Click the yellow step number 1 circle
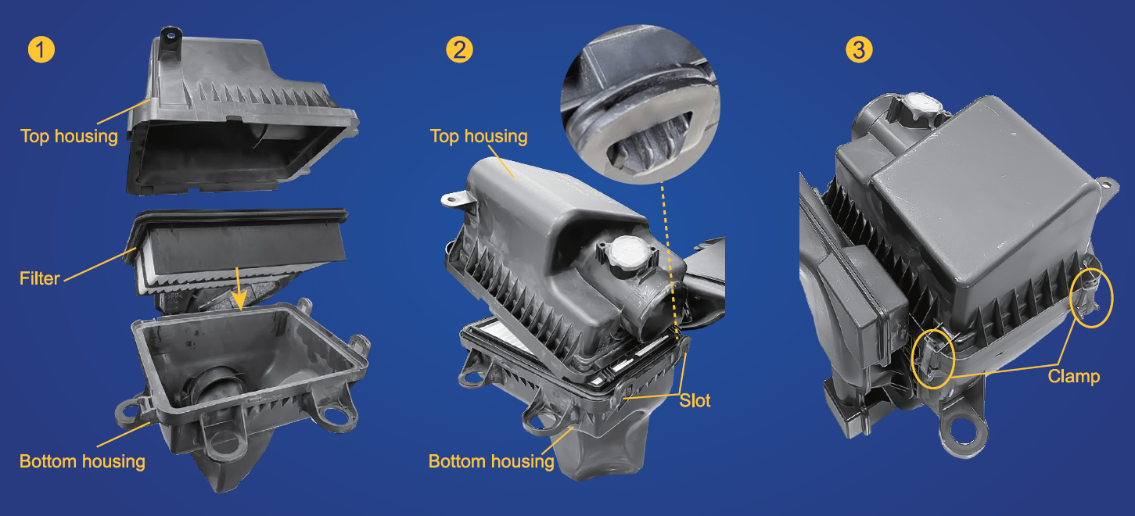coord(41,50)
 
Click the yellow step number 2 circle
coord(459,50)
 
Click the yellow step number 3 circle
coord(859,50)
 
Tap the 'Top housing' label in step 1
coord(69,136)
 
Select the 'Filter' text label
coord(39,278)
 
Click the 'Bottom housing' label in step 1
coord(82,460)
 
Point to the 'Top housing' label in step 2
coord(479,136)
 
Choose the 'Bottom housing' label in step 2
coord(491,461)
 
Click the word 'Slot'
coord(695,400)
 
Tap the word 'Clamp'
coord(1073,377)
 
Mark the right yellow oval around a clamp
coord(1090,297)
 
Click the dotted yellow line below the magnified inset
coord(669,258)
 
